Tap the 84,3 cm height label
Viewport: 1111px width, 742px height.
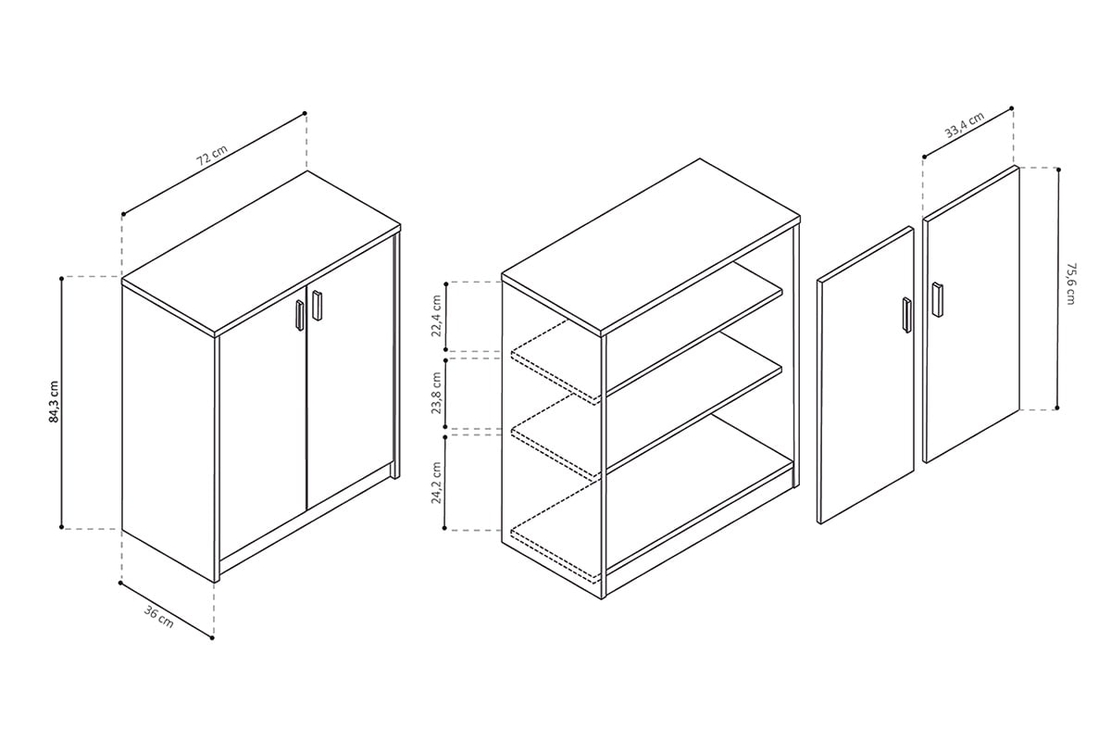54,401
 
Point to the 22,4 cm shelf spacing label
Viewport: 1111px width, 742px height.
436,317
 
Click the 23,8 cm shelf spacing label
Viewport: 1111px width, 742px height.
436,394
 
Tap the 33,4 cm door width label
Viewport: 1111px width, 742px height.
963,125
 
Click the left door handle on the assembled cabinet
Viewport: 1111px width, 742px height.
300,315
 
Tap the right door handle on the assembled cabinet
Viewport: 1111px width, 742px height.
317,306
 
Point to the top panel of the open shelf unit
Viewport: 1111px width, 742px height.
648,245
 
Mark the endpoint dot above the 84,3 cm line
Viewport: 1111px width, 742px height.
61,277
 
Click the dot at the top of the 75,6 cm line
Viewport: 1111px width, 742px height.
1058,169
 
